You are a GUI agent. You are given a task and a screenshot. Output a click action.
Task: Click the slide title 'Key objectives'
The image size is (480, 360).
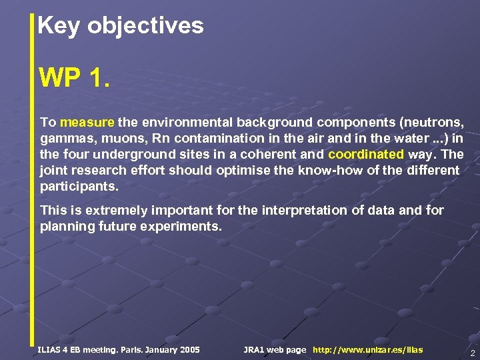tap(121, 26)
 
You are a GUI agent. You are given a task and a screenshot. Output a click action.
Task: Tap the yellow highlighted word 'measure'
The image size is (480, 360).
tap(87, 123)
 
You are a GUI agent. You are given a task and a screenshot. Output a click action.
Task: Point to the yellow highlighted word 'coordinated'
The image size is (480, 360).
tap(366, 155)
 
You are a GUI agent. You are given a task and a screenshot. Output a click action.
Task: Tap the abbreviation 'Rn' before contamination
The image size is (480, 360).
tap(161, 139)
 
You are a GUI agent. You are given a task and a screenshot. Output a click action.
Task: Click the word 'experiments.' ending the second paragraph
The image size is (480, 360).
tap(187, 227)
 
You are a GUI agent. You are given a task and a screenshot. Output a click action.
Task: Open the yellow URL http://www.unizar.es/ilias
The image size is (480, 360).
tap(367, 350)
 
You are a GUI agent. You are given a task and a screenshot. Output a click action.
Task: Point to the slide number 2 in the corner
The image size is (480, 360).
tap(472, 353)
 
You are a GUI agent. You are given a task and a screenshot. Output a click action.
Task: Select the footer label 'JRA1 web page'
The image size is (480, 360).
tap(275, 350)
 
